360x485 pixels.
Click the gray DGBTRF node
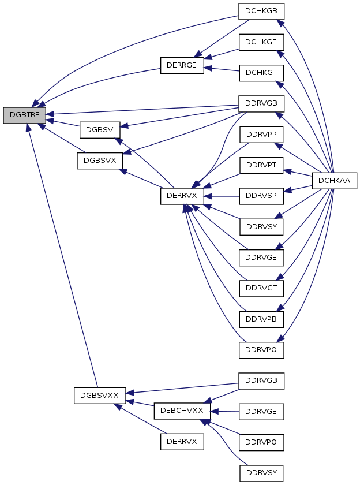coord(24,115)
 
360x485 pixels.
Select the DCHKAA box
coord(335,181)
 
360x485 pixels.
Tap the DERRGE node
coord(182,65)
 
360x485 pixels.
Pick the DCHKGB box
coord(261,11)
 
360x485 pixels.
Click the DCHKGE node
coord(261,42)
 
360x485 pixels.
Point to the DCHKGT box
coord(261,73)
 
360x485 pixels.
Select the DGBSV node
coord(100,130)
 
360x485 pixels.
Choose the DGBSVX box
coord(100,161)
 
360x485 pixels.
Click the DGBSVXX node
coord(100,396)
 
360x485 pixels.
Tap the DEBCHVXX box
coord(182,411)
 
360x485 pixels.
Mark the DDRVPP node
coord(261,135)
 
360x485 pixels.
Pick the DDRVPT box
coord(261,165)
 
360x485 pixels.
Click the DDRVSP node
coord(261,196)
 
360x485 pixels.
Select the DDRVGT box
coord(261,288)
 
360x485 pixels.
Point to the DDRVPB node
coord(261,319)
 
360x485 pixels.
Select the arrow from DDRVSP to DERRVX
coord(222,196)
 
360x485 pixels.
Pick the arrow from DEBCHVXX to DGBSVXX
coord(140,403)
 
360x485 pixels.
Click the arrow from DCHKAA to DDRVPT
coord(298,173)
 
